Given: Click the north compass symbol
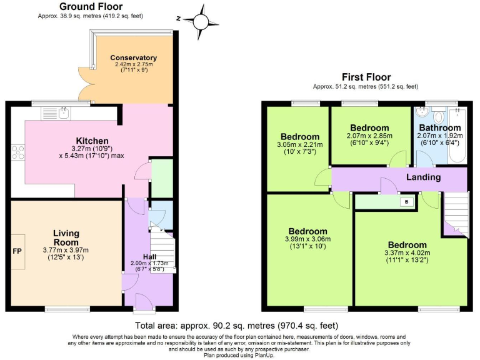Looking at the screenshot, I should [x=200, y=21].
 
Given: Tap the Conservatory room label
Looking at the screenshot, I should [x=134, y=57].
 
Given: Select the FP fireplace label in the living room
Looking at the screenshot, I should [x=17, y=251].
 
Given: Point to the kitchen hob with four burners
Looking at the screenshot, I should [x=17, y=152].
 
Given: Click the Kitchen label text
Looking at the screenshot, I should [x=92, y=141].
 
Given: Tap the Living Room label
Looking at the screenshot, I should [x=66, y=237].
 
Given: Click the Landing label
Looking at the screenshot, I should [x=423, y=177].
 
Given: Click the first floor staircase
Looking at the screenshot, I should [x=456, y=212].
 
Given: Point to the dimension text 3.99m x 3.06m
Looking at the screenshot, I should [x=308, y=239].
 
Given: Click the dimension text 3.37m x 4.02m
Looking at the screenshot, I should [x=407, y=253].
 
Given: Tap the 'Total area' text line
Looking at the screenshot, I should [x=237, y=326].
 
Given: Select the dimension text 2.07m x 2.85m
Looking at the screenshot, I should [x=369, y=136].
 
